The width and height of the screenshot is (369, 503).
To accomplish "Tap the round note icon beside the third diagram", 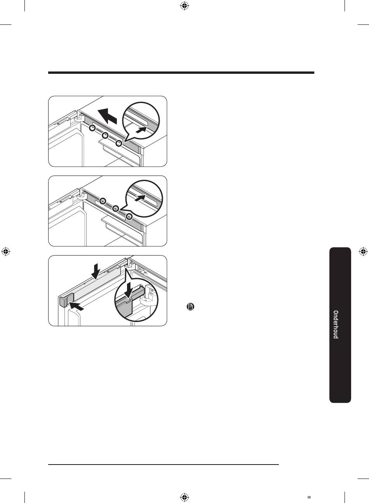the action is tap(190, 307).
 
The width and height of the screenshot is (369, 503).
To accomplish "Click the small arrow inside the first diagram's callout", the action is tap(141, 130).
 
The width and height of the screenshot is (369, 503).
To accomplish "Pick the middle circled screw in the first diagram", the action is tap(105, 136).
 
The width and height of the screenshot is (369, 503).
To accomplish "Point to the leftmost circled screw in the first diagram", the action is tap(92, 128).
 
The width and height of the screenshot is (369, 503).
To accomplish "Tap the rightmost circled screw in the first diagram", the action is tap(119, 143).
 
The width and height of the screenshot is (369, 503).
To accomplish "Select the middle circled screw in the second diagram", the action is tap(116, 209).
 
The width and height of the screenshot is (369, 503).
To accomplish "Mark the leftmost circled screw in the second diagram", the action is tap(103, 201).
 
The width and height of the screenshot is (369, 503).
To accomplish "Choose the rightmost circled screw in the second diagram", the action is tap(129, 216).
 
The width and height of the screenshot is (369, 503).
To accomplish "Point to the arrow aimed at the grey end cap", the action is tap(77, 306).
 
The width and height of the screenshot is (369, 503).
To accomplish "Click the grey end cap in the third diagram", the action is tap(66, 300).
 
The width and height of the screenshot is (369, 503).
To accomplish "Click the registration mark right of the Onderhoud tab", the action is tap(363, 252).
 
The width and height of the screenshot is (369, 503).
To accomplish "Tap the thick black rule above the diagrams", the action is tap(181, 73).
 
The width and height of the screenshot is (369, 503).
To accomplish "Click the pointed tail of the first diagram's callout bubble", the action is tap(125, 141).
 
